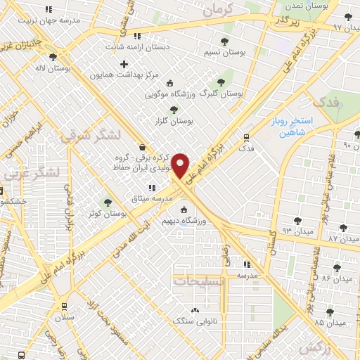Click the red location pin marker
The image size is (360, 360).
pyautogui.click(x=181, y=165)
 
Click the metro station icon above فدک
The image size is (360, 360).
pyautogui.click(x=246, y=138)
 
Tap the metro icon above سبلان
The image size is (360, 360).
pyautogui.click(x=65, y=307)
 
